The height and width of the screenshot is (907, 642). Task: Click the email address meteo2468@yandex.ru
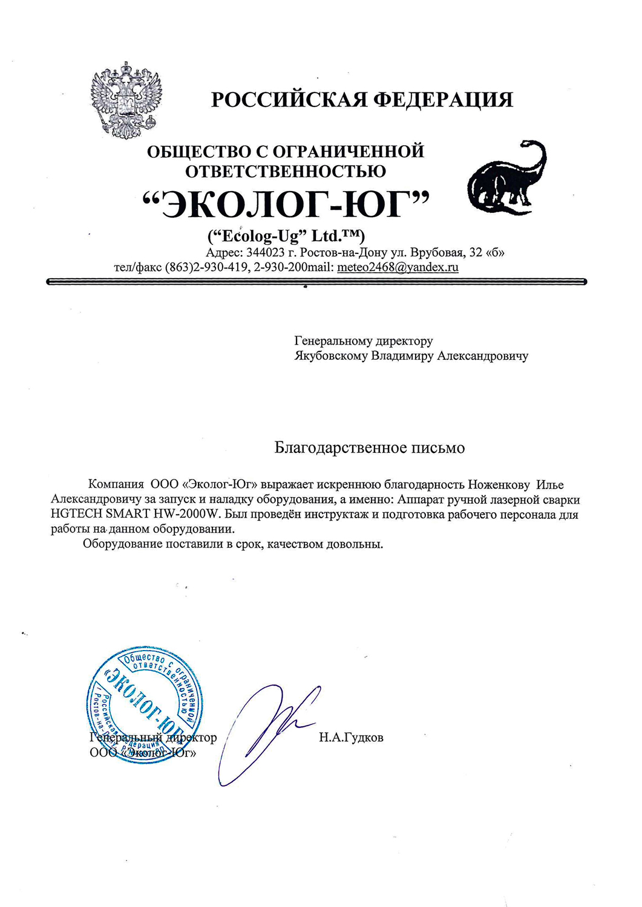click(398, 267)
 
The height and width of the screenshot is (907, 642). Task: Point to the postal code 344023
click(265, 253)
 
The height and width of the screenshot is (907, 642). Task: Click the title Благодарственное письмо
click(369, 448)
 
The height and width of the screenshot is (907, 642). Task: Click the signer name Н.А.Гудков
click(351, 738)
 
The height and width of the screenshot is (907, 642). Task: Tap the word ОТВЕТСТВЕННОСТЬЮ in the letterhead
click(285, 172)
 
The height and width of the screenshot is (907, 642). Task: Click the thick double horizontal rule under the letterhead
click(316, 281)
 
